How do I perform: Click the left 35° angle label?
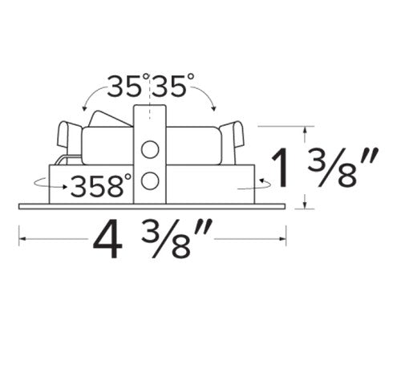point(128,85)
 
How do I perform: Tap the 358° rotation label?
point(101,185)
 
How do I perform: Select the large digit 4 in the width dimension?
point(107,239)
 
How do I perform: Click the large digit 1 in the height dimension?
point(280,168)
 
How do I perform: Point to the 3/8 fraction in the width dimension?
point(176,238)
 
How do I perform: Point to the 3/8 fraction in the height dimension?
point(342,167)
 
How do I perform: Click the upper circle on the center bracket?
point(150,149)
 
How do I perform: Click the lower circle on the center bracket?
point(150,180)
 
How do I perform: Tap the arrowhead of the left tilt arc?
point(84,108)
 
